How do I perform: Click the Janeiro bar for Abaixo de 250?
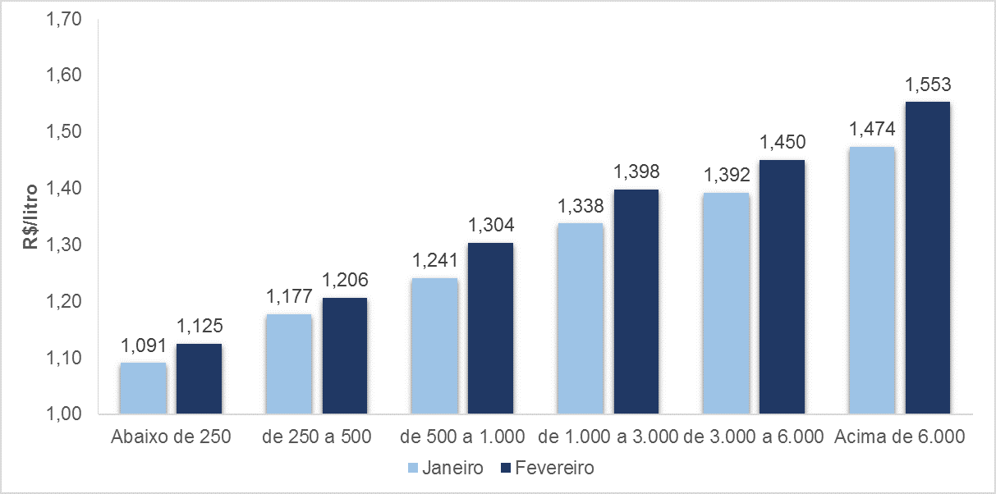[x=143, y=388]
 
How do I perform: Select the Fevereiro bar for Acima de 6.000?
[x=927, y=258]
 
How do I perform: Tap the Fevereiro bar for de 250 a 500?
[x=344, y=356]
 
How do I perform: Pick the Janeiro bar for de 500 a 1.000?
[x=434, y=346]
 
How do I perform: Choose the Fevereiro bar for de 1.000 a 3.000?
[x=636, y=302]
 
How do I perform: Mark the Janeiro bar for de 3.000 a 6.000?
[x=726, y=304]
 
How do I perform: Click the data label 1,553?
[x=927, y=85]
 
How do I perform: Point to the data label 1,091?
[x=143, y=345]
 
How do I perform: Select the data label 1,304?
[x=490, y=226]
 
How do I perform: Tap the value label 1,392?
[x=726, y=176]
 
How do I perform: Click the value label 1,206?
[x=344, y=281]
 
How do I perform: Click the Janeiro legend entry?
[x=444, y=468]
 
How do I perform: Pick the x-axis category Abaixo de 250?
[x=170, y=437]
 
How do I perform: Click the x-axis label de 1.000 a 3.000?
[x=608, y=437]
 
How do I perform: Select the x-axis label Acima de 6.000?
[x=899, y=437]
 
